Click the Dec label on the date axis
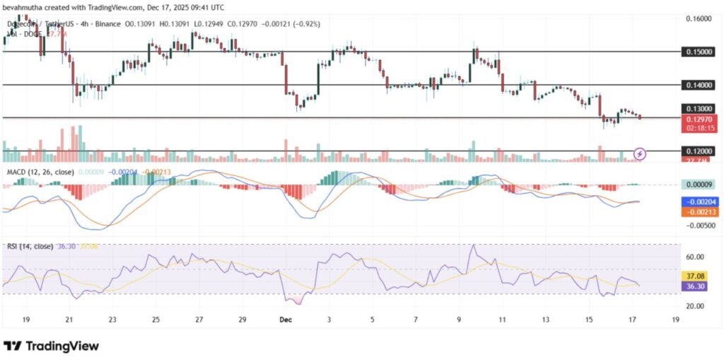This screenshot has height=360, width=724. (285, 320)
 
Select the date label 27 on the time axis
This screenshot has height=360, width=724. (199, 320)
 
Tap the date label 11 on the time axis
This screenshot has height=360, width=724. (502, 320)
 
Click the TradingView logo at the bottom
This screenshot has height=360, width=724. (51, 346)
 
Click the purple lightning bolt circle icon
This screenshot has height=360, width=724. (640, 153)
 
